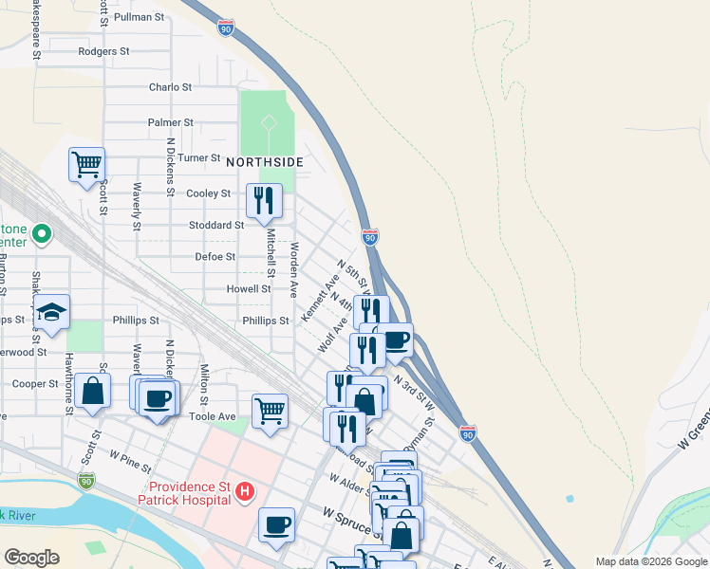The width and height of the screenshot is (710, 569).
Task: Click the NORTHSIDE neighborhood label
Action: [x=264, y=162]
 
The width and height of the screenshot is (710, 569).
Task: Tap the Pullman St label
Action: [x=138, y=17]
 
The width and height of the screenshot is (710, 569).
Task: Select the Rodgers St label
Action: [x=103, y=51]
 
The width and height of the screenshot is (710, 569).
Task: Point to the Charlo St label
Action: [x=170, y=87]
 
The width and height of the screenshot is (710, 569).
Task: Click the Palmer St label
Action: [x=170, y=122]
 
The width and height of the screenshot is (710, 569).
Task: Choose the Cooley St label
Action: [x=208, y=193]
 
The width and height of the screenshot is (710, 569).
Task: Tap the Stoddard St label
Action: [x=216, y=226]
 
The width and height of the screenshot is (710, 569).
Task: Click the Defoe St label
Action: [x=215, y=257]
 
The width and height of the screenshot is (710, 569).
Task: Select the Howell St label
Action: [x=249, y=289]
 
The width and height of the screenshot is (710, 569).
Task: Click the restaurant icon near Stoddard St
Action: [x=264, y=200]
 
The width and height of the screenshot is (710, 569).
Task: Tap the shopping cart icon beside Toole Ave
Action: [x=270, y=412]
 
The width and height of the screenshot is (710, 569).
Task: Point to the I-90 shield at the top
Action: [x=225, y=28]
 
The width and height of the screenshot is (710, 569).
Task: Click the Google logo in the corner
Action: [x=31, y=558]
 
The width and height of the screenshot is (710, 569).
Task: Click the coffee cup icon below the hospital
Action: [x=276, y=524]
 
